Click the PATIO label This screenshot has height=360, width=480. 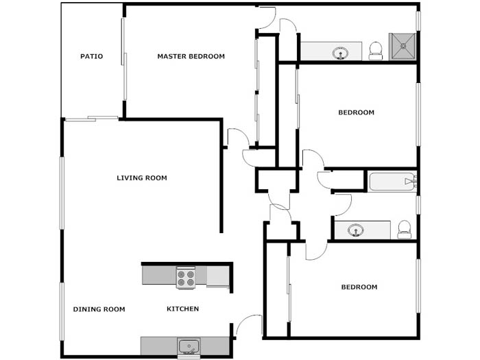[91, 56]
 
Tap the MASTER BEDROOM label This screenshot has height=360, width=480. [191, 56]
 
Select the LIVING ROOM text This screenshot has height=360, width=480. [142, 178]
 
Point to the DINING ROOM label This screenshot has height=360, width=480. [99, 309]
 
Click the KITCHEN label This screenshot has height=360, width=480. [183, 309]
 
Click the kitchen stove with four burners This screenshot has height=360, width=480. [186, 278]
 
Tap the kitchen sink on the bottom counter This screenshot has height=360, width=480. [189, 346]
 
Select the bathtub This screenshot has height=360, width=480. [392, 182]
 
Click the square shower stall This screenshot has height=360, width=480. [403, 47]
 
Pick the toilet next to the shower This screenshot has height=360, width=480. [376, 51]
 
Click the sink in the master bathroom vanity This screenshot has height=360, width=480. [340, 53]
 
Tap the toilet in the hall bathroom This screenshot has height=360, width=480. [404, 229]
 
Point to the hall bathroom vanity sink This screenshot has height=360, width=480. [355, 230]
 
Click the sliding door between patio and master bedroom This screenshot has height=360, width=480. [123, 59]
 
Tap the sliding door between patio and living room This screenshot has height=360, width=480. [91, 119]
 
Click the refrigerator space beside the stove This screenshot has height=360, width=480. [218, 276]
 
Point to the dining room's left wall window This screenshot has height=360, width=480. [62, 311]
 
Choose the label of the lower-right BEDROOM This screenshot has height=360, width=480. [359, 287]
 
